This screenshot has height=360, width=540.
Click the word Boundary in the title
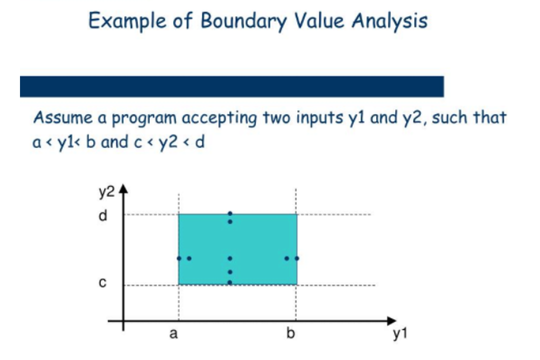click(x=243, y=21)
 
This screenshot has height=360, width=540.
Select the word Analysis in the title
click(x=389, y=21)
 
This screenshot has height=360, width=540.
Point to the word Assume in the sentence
click(x=62, y=117)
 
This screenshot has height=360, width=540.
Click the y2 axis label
click(x=106, y=192)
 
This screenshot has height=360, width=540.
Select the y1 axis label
click(x=400, y=334)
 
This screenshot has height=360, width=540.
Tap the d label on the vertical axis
click(x=103, y=215)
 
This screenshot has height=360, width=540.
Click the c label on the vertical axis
click(x=102, y=283)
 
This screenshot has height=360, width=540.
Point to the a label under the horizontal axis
click(x=173, y=333)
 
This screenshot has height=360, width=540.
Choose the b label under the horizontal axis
click(x=290, y=333)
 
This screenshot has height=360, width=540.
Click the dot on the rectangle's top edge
click(x=230, y=214)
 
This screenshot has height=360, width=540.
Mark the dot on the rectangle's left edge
click(x=178, y=258)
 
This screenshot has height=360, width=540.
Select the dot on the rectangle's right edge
click(x=297, y=258)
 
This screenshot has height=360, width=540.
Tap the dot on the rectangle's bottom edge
click(x=230, y=283)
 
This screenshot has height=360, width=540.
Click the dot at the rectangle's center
click(x=230, y=258)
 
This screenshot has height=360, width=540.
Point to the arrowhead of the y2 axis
click(x=123, y=189)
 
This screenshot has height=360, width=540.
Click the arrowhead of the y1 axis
click(x=392, y=321)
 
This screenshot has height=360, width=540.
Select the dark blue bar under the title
click(x=232, y=86)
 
